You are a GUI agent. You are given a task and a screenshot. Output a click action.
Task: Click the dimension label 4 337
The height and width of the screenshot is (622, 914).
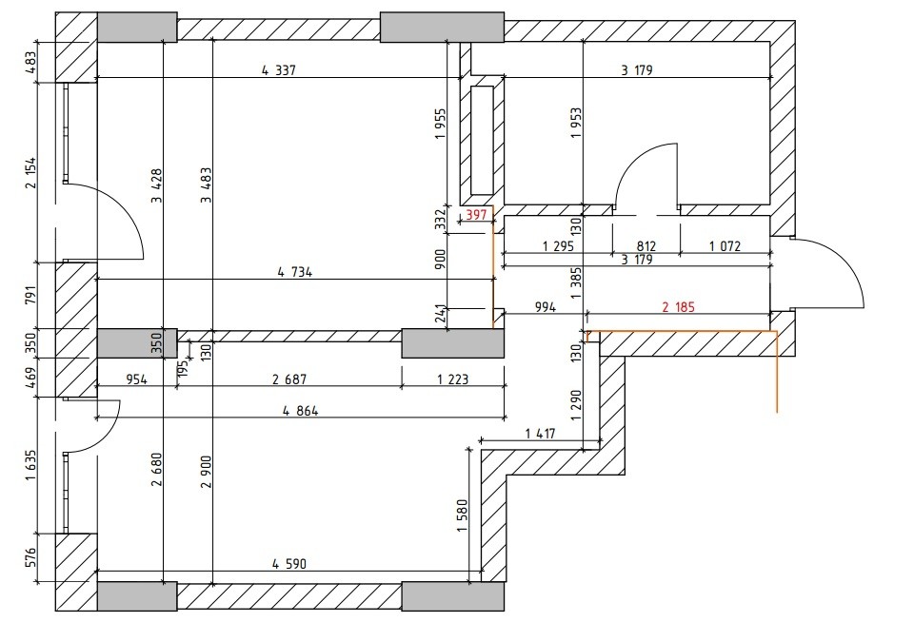tap(279, 70)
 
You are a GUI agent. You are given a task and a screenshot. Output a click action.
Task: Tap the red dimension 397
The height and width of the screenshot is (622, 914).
tap(476, 215)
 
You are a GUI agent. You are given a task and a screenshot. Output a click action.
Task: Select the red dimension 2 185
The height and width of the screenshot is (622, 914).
tap(679, 306)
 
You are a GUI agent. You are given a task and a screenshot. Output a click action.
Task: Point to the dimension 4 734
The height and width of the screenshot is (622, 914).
tap(295, 272)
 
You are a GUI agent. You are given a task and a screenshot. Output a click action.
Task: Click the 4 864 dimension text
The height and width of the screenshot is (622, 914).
tap(301, 411)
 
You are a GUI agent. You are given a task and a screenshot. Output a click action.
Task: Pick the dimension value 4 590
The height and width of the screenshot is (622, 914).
tap(289, 564)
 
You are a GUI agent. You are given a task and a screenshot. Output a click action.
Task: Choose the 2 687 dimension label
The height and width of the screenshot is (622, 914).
tap(289, 379)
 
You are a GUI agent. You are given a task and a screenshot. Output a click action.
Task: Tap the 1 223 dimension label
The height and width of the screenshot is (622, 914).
tap(453, 379)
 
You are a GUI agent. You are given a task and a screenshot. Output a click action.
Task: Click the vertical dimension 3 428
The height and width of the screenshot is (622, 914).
tap(157, 185)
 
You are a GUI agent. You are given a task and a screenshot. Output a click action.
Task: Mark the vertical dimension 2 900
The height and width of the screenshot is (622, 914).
tap(207, 472)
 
